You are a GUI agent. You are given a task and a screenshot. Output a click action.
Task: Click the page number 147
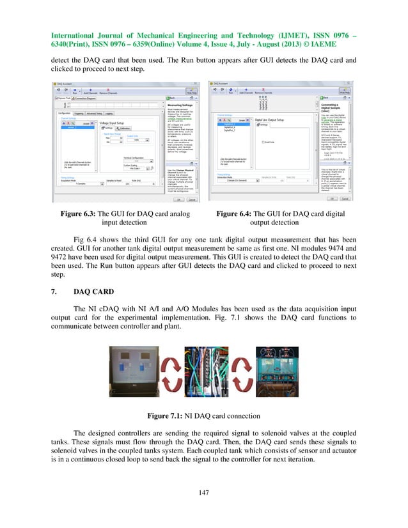point(203,492)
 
